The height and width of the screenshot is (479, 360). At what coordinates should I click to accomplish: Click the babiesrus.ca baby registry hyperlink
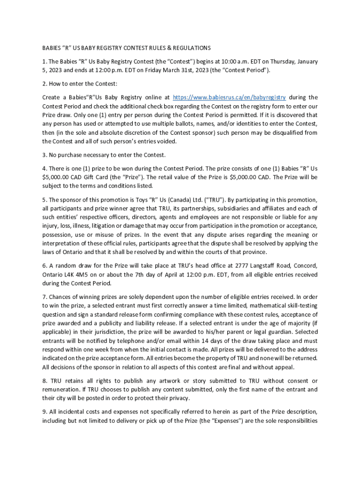coord(229,97)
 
